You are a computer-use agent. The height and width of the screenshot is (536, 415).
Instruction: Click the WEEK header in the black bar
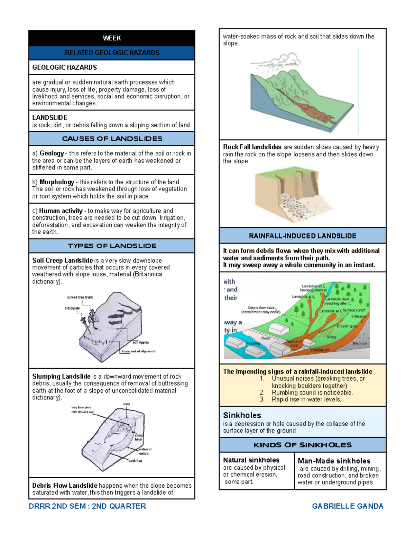tap(112, 38)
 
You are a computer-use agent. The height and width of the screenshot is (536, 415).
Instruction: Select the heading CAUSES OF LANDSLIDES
tap(112, 139)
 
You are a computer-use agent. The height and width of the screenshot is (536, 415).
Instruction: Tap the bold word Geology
tap(52, 153)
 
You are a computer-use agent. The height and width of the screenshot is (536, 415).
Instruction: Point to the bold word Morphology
tap(57, 182)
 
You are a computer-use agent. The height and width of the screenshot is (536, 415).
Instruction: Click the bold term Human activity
tap(61, 211)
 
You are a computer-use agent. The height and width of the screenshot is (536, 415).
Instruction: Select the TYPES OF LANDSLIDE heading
tap(112, 246)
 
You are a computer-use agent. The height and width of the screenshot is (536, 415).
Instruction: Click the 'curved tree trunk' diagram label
tap(80, 297)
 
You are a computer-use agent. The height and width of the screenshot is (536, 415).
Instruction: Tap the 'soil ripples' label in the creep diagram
tap(140, 342)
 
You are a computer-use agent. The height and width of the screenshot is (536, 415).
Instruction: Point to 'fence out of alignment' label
tap(139, 351)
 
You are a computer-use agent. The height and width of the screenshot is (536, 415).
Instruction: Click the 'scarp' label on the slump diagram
tap(127, 404)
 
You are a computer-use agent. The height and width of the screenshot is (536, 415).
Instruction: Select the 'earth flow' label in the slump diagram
tap(135, 461)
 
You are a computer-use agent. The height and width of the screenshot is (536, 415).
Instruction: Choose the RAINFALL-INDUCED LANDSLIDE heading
tap(302, 236)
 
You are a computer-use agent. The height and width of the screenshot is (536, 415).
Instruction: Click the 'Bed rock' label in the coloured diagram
tap(360, 343)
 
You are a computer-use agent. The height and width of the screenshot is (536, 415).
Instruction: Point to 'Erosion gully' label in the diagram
tap(347, 326)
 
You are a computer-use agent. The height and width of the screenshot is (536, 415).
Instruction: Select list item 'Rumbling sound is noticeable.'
tap(312, 392)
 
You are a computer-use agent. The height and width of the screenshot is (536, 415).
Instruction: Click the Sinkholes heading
tap(242, 415)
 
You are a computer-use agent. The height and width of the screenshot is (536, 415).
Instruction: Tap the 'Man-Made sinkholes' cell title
tap(334, 461)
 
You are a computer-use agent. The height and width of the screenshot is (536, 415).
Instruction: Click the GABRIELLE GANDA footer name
tap(347, 506)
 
